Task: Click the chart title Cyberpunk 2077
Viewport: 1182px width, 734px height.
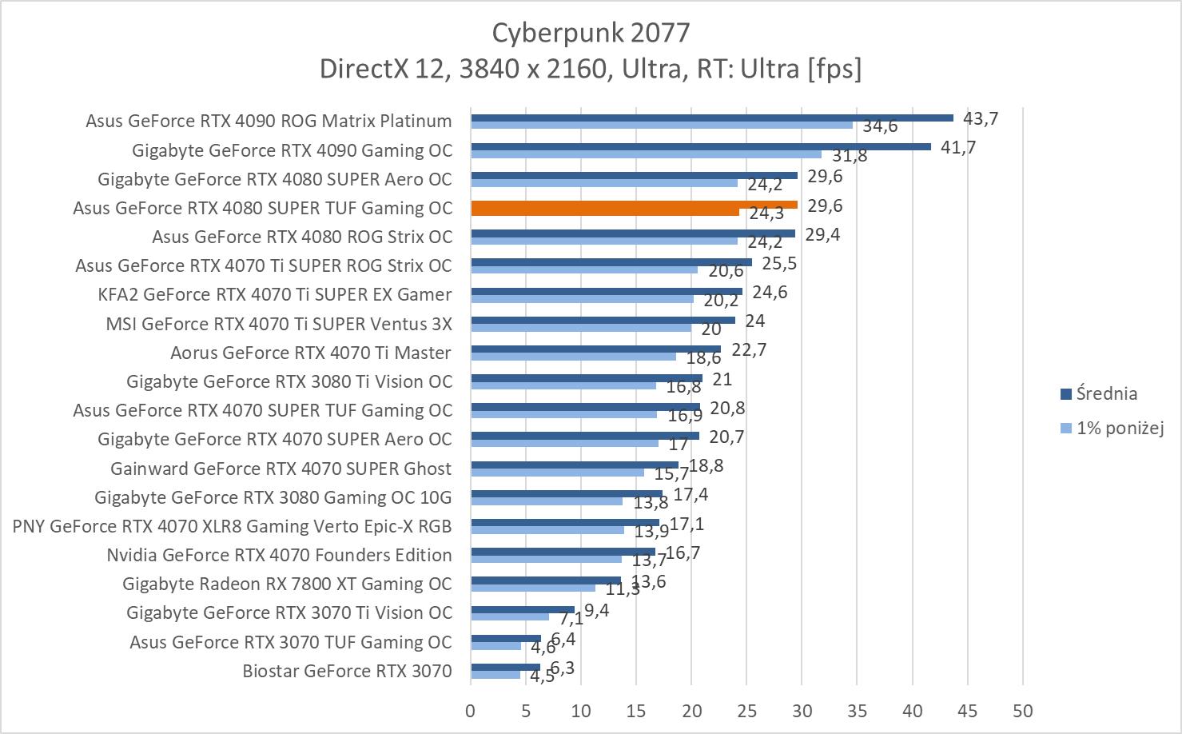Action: point(590,33)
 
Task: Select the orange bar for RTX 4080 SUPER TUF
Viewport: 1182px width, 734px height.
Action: point(634,205)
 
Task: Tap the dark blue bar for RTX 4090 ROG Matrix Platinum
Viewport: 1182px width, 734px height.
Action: point(711,118)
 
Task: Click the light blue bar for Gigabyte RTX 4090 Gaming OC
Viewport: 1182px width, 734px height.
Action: point(646,154)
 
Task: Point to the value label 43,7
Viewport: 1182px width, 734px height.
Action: point(981,118)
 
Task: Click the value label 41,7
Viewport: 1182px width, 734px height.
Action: point(958,147)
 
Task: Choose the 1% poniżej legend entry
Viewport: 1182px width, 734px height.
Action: point(1119,428)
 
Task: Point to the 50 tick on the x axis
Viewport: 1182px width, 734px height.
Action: point(1022,711)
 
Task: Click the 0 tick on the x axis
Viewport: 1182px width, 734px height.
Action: point(471,711)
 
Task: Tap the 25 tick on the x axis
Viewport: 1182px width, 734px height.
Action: point(746,711)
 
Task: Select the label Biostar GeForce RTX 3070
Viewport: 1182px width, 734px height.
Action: point(347,671)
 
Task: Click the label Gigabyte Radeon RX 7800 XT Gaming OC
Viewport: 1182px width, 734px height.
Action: point(287,584)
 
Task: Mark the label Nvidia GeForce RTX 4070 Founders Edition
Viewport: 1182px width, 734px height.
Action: point(279,555)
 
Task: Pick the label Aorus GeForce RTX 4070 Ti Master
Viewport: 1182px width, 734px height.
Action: point(311,353)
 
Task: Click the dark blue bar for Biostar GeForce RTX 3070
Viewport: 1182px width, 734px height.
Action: point(505,667)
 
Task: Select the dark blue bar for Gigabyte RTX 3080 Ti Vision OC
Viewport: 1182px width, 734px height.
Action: point(587,378)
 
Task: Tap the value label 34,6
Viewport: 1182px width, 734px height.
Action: point(880,126)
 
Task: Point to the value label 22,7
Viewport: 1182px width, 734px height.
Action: point(749,349)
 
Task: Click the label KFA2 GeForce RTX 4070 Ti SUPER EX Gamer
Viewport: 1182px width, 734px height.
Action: point(274,294)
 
